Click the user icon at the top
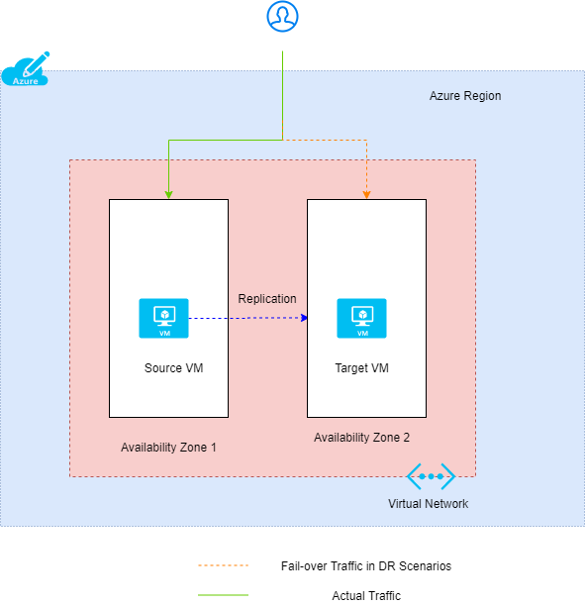click(283, 17)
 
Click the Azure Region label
click(464, 96)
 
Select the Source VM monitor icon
click(163, 318)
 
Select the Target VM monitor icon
click(361, 318)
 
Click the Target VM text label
click(361, 368)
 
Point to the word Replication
click(266, 298)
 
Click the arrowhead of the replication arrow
click(304, 318)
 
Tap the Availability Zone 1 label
click(168, 448)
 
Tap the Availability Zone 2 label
click(361, 438)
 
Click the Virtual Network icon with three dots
click(431, 476)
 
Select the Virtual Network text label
click(428, 504)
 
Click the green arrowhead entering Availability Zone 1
click(169, 194)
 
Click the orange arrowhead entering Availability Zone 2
click(367, 194)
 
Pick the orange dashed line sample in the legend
click(223, 566)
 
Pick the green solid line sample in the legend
click(223, 596)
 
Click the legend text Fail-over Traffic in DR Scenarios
click(365, 566)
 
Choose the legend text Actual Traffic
click(366, 596)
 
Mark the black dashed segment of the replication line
click(218, 318)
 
